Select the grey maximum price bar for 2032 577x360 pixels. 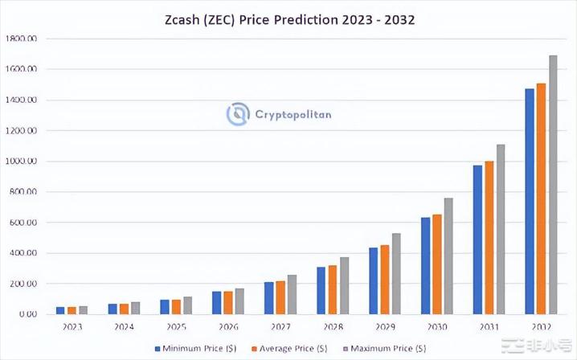point(553,185)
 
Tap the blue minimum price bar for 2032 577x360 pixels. point(530,201)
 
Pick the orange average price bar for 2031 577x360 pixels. point(489,237)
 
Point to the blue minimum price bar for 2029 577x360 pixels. point(374,280)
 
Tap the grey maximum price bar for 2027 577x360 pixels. point(293,294)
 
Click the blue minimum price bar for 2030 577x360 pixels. point(426,265)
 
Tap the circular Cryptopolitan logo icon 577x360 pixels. point(238,114)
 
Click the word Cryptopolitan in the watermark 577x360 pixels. point(293,114)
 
